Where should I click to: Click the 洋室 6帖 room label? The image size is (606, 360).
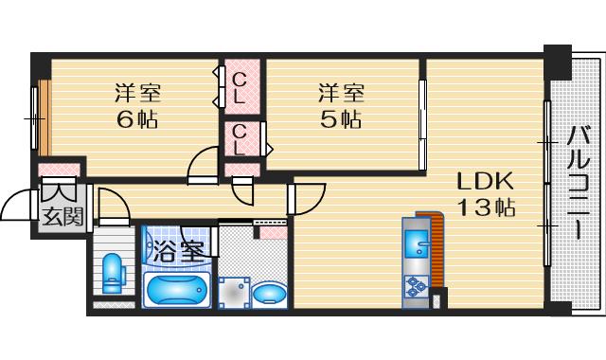click(137, 106)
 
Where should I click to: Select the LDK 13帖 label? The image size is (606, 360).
click(486, 194)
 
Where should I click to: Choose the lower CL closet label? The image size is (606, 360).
click(241, 139)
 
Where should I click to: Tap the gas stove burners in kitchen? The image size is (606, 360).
click(417, 284)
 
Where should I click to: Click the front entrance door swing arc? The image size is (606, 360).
click(21, 204)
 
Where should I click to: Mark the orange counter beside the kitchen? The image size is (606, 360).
click(437, 251)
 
